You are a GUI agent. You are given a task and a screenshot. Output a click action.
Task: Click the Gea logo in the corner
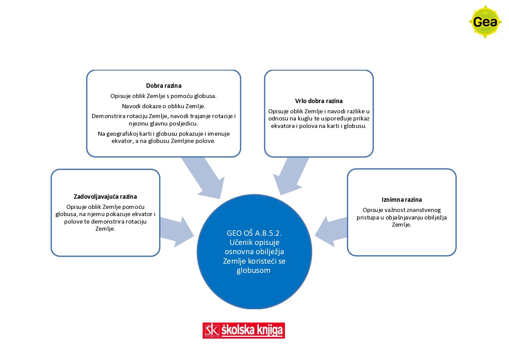(x=485, y=22)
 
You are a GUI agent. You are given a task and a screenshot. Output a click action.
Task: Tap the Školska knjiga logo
(x=243, y=330)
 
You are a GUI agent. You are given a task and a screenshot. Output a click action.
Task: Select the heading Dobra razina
(x=164, y=86)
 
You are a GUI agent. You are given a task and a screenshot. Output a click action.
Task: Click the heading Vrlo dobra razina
(x=319, y=101)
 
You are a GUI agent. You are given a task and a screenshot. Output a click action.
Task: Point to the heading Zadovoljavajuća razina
(x=105, y=197)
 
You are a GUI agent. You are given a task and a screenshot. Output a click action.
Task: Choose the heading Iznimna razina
(x=402, y=200)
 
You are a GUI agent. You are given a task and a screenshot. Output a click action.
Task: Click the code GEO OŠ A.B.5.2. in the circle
(x=254, y=233)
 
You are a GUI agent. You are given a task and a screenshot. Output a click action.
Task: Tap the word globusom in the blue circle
(x=253, y=271)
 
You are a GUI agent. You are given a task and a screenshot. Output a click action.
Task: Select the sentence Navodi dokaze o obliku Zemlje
(x=164, y=106)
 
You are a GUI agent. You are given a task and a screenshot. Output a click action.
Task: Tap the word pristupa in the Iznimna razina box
(x=369, y=217)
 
